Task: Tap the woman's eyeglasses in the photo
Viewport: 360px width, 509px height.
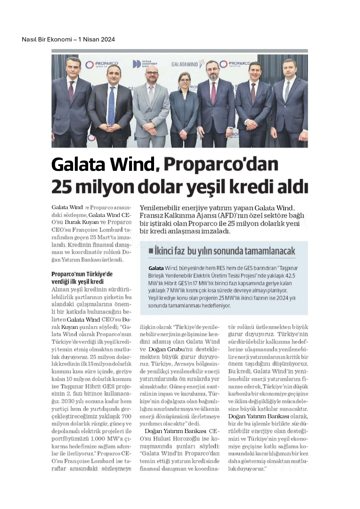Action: click(x=185, y=80)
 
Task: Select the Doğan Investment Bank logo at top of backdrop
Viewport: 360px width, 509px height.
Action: click(x=145, y=64)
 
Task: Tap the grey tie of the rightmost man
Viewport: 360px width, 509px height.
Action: click(x=287, y=91)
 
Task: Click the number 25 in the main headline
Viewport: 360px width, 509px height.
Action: click(x=62, y=187)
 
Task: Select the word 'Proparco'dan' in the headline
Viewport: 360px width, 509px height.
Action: click(x=221, y=164)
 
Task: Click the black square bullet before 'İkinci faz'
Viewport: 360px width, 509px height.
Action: click(x=151, y=251)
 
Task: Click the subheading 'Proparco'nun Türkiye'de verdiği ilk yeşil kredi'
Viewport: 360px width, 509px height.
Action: click(x=82, y=278)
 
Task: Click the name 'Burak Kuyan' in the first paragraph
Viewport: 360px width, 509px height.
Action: click(x=78, y=222)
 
